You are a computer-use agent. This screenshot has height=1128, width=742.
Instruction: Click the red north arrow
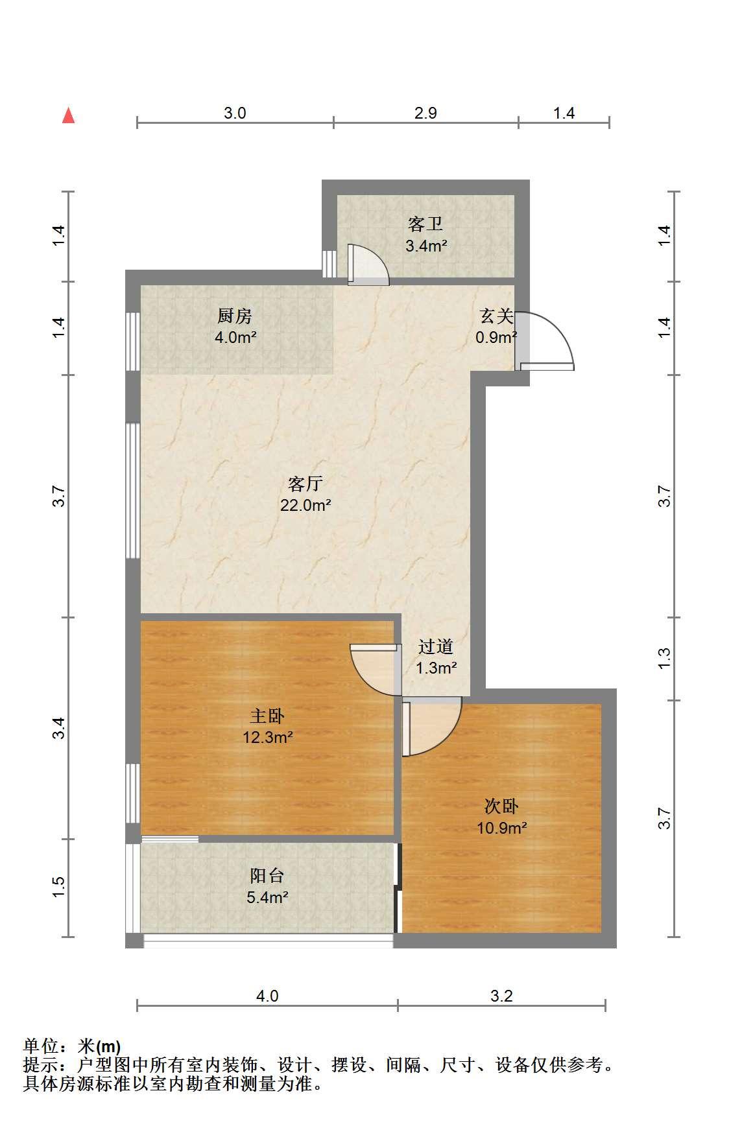point(68,116)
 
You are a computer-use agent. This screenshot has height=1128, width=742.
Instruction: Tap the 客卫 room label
point(425,224)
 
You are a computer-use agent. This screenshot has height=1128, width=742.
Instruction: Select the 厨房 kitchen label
point(235,316)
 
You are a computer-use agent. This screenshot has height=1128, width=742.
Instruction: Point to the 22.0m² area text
point(305,506)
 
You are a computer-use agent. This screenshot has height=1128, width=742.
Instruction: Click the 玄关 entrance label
point(496,316)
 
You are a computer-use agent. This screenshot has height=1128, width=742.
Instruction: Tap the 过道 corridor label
point(436,647)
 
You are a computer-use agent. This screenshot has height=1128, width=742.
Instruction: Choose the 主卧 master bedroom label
point(267,716)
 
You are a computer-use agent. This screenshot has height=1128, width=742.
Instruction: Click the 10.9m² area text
point(501,828)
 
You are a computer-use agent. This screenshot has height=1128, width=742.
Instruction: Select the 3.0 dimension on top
point(235,113)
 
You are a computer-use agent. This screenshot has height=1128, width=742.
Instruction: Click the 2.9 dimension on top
point(425,113)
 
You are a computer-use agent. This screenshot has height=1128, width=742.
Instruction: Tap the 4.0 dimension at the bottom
point(267,996)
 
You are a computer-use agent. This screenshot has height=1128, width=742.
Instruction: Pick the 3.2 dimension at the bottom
point(501,996)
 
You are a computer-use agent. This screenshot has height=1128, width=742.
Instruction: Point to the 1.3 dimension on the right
point(664,659)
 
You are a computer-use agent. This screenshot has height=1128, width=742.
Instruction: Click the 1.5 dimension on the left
point(58,887)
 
